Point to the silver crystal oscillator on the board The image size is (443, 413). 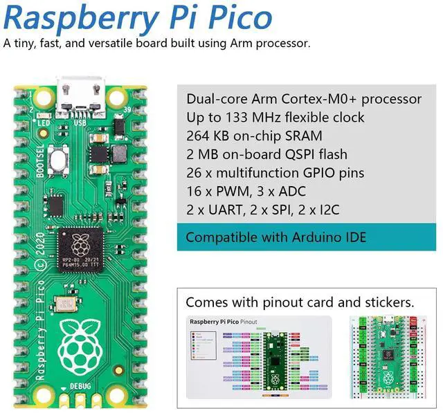click(66, 305)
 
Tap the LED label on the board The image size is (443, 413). click(44, 125)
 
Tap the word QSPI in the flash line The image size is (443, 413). click(302, 154)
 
